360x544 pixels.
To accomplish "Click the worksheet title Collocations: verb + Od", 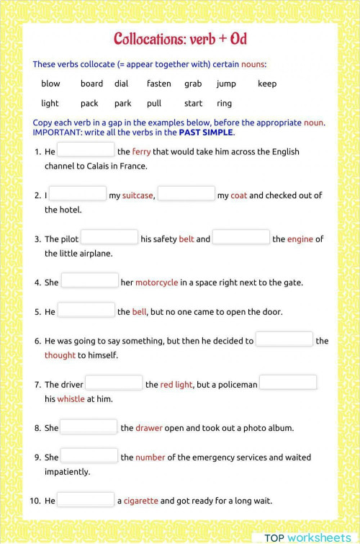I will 180,38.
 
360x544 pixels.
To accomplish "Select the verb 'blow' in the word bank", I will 50,84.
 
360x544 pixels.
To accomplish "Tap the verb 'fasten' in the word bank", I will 158,84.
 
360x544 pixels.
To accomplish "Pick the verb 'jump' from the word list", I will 226,84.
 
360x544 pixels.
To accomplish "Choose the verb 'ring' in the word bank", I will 224,103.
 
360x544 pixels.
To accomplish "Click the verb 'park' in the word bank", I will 122,103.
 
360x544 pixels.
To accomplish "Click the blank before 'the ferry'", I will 86,150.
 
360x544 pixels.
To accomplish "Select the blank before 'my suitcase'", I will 78,194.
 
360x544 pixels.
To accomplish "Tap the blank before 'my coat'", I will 186,194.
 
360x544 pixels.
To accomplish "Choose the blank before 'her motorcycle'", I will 89,281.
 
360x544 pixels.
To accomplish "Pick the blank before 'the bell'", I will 86,311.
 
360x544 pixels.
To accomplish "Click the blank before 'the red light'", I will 114,383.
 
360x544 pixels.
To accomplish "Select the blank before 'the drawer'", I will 89,427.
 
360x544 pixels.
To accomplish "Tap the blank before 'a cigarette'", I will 86,499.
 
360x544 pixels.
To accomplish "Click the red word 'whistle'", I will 71,399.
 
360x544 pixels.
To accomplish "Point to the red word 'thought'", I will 60,355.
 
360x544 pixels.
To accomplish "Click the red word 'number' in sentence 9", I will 150,458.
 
